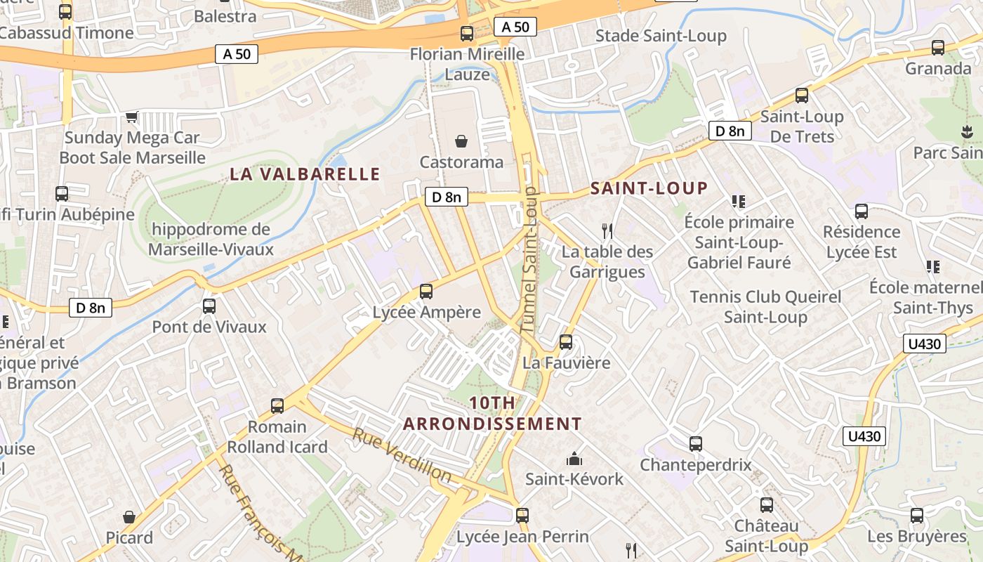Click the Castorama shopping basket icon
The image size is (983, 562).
pyautogui.click(x=461, y=142)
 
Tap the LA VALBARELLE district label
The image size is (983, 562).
pyautogui.click(x=305, y=174)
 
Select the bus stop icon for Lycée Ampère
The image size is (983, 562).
pyautogui.click(x=425, y=292)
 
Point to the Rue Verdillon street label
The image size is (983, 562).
pyautogui.click(x=402, y=455)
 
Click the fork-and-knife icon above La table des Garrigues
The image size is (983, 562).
pyautogui.click(x=607, y=230)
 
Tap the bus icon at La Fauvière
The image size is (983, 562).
pyautogui.click(x=566, y=342)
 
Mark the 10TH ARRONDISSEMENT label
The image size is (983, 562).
pyautogui.click(x=492, y=413)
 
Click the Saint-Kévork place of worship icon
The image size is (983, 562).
pyautogui.click(x=574, y=459)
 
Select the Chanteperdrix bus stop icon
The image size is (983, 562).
pyautogui.click(x=695, y=444)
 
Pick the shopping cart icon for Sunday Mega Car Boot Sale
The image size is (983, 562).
pyautogui.click(x=131, y=117)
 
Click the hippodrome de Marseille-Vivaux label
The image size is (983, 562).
pyautogui.click(x=211, y=239)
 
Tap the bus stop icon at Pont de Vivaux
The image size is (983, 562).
pyautogui.click(x=209, y=306)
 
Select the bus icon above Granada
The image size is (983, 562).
pyautogui.click(x=937, y=48)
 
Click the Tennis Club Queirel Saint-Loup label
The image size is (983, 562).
pyautogui.click(x=765, y=306)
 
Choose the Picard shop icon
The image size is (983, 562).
pyautogui.click(x=129, y=517)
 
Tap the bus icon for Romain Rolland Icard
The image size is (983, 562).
pyautogui.click(x=277, y=405)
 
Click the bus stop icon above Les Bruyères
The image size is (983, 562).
pyautogui.click(x=917, y=516)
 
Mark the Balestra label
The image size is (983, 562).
pyautogui.click(x=225, y=15)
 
